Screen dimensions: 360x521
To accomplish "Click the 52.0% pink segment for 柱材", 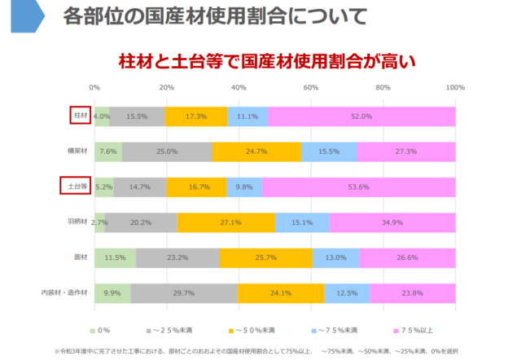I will (361, 116).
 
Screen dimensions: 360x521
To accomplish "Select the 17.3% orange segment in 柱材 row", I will (196, 116).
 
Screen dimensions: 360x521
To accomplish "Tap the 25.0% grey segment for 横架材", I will (167, 151).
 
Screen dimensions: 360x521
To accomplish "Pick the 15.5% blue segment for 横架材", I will (329, 151).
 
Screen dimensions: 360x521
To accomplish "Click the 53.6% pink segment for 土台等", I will (358, 187).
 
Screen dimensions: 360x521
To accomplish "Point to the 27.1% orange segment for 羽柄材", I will (225, 222).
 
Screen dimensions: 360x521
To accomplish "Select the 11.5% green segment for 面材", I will (115, 257).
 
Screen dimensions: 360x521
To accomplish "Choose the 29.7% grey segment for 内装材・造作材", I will (183, 292).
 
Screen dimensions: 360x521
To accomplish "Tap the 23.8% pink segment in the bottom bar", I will (412, 292).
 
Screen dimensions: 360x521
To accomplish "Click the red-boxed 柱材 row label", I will (78, 116).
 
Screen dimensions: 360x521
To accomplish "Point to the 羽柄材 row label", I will (77, 222).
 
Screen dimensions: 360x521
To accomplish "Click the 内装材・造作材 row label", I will (65, 292).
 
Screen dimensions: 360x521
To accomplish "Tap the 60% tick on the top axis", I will (311, 87).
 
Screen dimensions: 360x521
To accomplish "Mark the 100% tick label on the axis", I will (455, 87).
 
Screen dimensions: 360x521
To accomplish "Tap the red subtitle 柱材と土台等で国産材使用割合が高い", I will (267, 59).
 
